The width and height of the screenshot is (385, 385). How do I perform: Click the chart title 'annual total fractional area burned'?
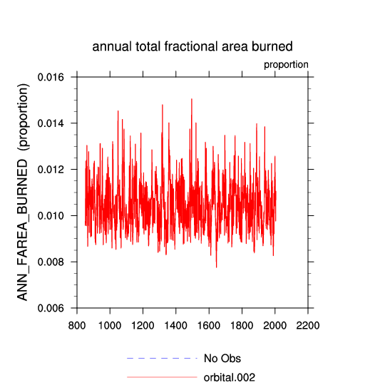coord(192,46)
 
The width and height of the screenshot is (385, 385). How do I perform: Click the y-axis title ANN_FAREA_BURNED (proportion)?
coord(23,192)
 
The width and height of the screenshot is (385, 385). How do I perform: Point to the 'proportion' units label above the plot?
coord(286,65)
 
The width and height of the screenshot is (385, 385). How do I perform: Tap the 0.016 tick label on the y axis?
coord(47,77)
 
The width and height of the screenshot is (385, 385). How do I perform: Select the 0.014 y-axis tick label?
coord(47,123)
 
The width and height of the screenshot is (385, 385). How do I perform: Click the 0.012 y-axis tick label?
coord(47,170)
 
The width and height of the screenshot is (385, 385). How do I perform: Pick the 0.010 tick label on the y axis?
coord(47,216)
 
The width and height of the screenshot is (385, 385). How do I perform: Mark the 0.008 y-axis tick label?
coord(47,262)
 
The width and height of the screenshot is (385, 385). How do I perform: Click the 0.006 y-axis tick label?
coord(47,308)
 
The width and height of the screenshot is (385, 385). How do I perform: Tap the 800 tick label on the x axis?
coord(77,326)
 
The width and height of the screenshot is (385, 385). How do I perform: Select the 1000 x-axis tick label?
coord(110,326)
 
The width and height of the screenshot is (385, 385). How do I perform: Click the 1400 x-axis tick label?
coord(176,326)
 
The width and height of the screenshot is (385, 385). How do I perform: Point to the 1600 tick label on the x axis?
coord(209,326)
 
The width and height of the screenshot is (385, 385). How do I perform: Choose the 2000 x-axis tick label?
coord(274,326)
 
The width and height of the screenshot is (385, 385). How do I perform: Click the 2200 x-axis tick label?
coord(308,326)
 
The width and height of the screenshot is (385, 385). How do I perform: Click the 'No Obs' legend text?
coord(222,359)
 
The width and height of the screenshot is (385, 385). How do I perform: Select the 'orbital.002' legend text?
coord(230,377)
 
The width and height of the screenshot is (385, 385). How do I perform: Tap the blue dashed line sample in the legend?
coord(162,359)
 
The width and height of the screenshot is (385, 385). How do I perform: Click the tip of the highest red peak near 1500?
coord(192,98)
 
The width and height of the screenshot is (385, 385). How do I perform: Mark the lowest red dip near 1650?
coord(216,267)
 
